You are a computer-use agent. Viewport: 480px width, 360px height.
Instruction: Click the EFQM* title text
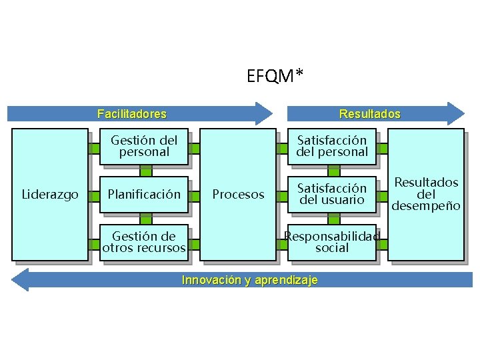(274, 77)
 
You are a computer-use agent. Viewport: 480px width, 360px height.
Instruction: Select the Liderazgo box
(50, 195)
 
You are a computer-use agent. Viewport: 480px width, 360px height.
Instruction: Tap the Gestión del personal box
(144, 146)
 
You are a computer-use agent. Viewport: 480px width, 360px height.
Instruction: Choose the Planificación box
(144, 195)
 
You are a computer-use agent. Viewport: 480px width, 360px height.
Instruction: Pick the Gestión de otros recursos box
(144, 243)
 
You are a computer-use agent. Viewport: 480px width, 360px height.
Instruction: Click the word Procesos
(238, 195)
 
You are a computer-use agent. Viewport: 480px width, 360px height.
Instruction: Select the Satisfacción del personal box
(332, 146)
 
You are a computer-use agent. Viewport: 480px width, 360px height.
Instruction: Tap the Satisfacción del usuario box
(332, 194)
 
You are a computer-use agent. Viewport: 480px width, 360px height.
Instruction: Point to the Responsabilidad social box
(332, 242)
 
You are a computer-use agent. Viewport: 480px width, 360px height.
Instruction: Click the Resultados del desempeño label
(426, 194)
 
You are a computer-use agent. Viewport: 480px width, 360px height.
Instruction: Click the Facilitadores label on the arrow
(131, 114)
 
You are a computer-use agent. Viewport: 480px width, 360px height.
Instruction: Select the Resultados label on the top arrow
(369, 114)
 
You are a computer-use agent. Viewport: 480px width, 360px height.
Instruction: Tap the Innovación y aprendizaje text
(249, 280)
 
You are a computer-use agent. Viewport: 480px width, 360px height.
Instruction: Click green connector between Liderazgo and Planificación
(94, 195)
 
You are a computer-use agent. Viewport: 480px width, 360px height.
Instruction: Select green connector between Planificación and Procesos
(195, 195)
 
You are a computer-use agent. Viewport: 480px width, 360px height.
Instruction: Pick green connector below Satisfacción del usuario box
(332, 219)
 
